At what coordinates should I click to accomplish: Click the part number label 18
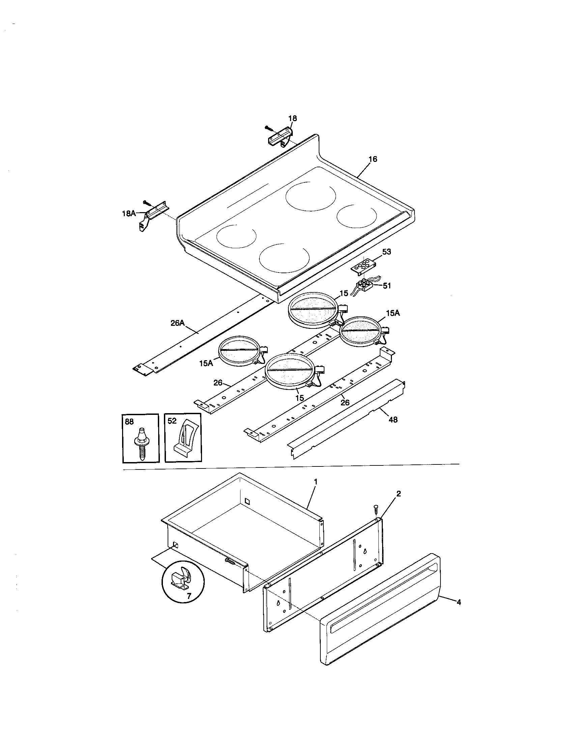[292, 118]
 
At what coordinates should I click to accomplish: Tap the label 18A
[129, 213]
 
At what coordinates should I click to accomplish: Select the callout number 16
[373, 159]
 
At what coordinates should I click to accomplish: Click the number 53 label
[387, 252]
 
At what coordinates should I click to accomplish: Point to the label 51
[387, 286]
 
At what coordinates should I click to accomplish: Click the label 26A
[177, 323]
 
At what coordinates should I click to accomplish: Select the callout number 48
[393, 420]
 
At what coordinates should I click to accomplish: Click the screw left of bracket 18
[269, 128]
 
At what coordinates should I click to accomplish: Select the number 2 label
[399, 494]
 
